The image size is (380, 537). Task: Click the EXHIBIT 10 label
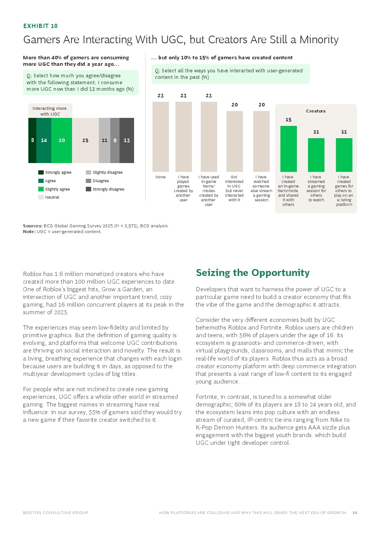pos(40,26)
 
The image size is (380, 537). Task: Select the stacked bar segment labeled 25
pos(85,140)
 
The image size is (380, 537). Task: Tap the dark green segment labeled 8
pos(32,140)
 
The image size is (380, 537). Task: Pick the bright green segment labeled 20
pos(62,140)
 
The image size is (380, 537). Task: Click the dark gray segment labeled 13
pos(127,140)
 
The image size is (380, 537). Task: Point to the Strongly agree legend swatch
pos(41,173)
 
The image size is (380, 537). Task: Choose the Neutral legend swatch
pos(41,197)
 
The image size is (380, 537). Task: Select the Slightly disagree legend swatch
pos(88,173)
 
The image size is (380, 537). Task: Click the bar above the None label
pos(161,137)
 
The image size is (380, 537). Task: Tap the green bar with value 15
pos(288,149)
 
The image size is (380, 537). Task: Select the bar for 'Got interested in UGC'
pos(234,141)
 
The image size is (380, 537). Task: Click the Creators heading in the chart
pos(316,111)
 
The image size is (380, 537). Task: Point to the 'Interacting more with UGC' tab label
pos(50,111)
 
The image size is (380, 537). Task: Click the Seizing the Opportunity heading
pos(253,273)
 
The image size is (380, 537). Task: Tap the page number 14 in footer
pos(355,513)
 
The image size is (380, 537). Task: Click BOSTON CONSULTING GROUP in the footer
pos(56,513)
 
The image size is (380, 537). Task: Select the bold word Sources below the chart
pos(32,226)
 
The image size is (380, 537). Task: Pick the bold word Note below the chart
pos(29,232)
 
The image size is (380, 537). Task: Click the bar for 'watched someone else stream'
pos(261,141)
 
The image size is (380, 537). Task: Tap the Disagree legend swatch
pos(88,181)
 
